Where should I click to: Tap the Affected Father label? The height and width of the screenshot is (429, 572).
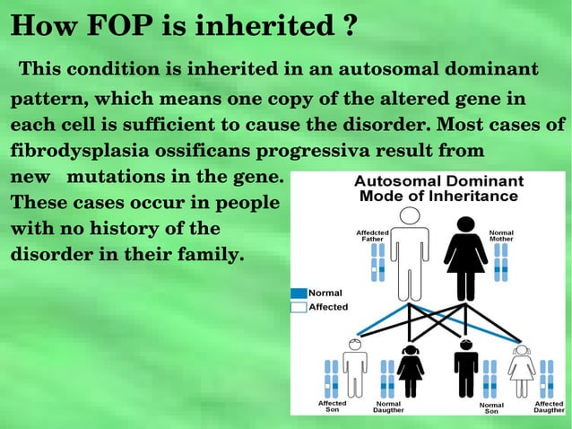(372, 236)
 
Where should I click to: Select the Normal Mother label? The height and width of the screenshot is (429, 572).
(501, 236)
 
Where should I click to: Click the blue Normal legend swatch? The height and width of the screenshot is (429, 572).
(298, 293)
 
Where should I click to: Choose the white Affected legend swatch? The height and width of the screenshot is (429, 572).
(298, 307)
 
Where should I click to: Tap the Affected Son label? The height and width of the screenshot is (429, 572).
(333, 407)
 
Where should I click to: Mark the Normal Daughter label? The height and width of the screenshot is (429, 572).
(388, 407)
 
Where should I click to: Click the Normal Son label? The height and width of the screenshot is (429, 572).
(491, 407)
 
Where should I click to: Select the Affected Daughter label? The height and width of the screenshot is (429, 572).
(549, 407)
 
